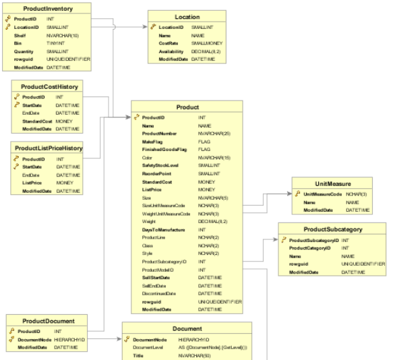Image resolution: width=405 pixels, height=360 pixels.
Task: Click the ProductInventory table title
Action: tap(44, 7)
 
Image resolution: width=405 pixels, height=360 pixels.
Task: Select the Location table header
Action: tap(187, 17)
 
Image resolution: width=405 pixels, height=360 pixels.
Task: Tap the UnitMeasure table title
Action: tap(332, 184)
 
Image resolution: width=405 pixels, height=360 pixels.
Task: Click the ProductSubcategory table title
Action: tap(333, 229)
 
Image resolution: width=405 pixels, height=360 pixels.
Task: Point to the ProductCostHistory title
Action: tap(49, 86)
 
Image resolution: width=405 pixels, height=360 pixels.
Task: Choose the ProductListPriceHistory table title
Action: tap(49, 148)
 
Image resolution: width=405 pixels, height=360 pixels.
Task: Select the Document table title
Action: tap(187, 329)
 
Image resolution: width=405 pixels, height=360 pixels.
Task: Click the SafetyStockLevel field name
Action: tap(160, 165)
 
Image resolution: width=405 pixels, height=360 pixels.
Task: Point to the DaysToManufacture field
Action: tap(159, 230)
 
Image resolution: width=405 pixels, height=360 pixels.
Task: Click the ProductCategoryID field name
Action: tap(310, 248)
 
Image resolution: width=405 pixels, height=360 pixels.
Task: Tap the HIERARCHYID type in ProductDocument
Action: tap(70, 339)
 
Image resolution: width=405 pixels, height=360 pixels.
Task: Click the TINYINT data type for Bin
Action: tap(57, 43)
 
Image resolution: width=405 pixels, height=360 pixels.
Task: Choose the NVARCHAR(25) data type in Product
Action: tap(214, 133)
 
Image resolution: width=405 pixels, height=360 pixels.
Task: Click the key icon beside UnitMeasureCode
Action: tap(297, 194)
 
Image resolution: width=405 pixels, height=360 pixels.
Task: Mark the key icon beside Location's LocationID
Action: tap(153, 27)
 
